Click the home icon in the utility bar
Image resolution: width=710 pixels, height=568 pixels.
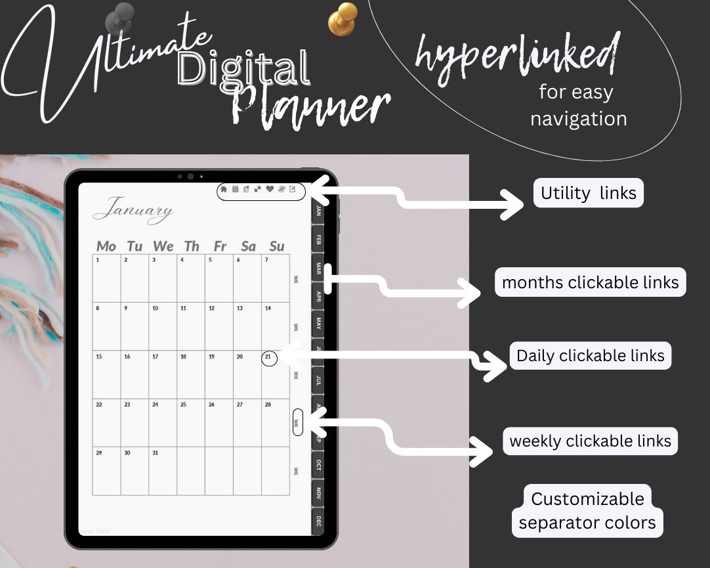[224, 190]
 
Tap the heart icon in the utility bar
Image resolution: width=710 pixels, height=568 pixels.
[269, 190]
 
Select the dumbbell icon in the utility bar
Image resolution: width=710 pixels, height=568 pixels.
[258, 190]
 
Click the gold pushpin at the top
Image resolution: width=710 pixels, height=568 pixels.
[343, 18]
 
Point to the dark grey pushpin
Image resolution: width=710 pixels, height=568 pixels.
[122, 16]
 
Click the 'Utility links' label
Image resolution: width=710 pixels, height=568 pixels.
[588, 193]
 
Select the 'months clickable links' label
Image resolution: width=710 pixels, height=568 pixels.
[590, 282]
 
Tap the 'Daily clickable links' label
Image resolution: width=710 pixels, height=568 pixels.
[590, 356]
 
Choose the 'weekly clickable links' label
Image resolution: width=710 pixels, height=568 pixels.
[590, 441]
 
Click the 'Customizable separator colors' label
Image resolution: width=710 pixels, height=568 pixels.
[587, 511]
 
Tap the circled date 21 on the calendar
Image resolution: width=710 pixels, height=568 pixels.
[269, 358]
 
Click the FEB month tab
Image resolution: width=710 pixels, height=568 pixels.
[318, 240]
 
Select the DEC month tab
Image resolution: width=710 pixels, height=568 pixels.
[318, 521]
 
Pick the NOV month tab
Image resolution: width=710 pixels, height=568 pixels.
[318, 492]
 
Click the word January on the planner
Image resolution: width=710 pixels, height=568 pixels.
[133, 210]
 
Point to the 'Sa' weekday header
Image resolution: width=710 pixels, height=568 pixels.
[248, 246]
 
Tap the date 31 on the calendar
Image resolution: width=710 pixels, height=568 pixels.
[156, 453]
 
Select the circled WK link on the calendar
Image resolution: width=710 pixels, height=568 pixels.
[297, 423]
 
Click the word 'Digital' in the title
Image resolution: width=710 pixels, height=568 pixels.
[243, 69]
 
